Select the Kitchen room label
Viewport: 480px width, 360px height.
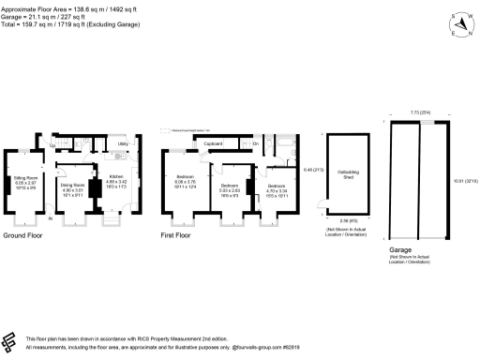tap(116, 179)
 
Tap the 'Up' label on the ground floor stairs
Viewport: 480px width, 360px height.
tap(53, 147)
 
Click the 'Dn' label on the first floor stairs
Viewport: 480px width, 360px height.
tap(255, 143)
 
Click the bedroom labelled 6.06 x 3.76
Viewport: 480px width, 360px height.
tap(184, 180)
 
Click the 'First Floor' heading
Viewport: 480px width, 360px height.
tap(177, 237)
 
